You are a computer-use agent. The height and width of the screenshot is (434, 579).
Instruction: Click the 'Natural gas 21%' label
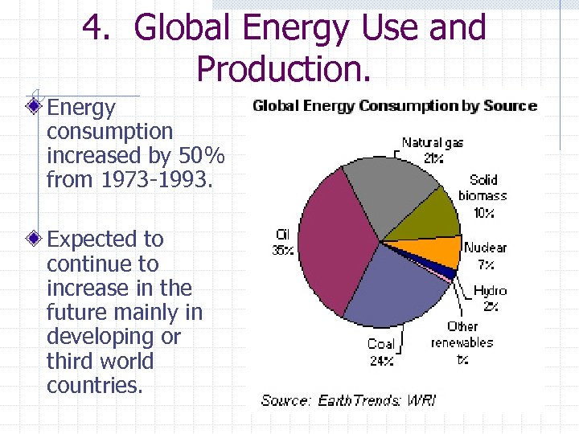tap(433, 150)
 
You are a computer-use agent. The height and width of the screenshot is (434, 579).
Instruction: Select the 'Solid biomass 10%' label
tap(482, 195)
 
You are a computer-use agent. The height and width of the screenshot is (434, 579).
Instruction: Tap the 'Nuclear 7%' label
tap(485, 256)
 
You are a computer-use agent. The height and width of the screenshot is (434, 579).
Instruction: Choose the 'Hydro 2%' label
tap(490, 297)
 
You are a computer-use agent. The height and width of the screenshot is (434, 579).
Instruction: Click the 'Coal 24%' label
tap(380, 352)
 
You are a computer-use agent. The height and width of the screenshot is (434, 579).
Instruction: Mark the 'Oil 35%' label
tap(281, 242)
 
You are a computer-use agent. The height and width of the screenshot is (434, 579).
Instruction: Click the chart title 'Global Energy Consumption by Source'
tap(394, 105)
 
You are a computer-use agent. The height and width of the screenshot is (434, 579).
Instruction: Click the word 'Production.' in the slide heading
tap(284, 69)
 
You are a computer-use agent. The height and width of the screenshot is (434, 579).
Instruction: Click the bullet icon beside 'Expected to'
tap(33, 239)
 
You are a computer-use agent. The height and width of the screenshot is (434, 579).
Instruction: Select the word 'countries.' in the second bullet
tap(95, 385)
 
